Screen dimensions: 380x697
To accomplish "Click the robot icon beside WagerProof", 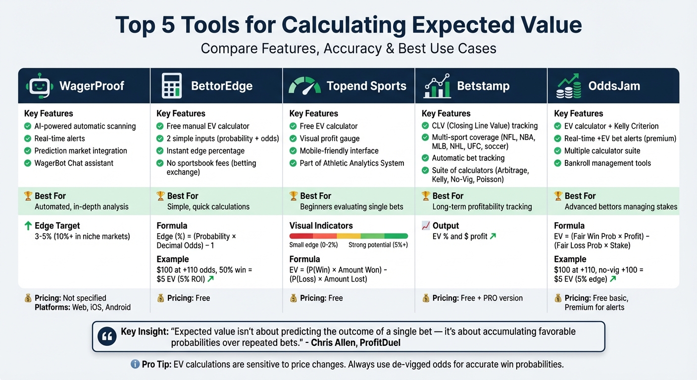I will (x=39, y=86).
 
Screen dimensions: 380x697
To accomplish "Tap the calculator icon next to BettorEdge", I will (x=171, y=86).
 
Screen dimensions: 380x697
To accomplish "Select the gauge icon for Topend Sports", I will (x=304, y=86).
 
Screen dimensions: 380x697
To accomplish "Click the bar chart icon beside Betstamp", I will (x=437, y=86).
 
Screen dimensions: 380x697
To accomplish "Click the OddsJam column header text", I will (x=614, y=86).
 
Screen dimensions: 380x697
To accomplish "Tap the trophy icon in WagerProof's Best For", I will (x=28, y=196).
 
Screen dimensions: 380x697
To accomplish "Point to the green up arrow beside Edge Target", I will (x=28, y=226).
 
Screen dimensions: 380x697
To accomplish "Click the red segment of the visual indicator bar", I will (x=301, y=236).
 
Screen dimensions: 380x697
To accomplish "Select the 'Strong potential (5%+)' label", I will (x=378, y=245).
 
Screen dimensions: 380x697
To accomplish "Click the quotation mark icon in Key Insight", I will (x=107, y=336).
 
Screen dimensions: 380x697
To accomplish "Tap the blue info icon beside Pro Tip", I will (x=135, y=364).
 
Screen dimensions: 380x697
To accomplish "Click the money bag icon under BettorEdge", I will (x=160, y=298).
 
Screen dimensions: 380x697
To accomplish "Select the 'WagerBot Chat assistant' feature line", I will (x=74, y=163).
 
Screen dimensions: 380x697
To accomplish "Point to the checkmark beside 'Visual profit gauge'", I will (x=293, y=139).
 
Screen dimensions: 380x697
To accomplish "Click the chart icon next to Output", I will (x=425, y=226).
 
